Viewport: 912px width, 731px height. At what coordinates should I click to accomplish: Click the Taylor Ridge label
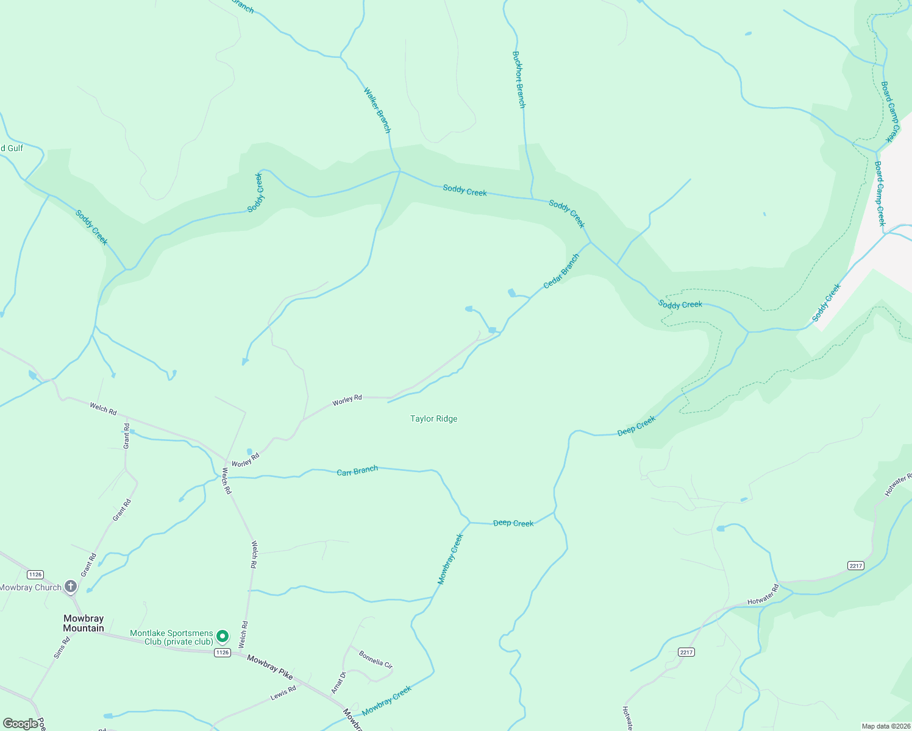pyautogui.click(x=433, y=418)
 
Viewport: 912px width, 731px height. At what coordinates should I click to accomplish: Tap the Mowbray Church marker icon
pyautogui.click(x=71, y=587)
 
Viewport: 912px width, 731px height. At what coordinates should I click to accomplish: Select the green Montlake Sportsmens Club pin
pyautogui.click(x=223, y=637)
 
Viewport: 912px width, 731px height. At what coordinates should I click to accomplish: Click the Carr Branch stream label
pyautogui.click(x=357, y=470)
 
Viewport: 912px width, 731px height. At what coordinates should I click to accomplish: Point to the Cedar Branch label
pyautogui.click(x=561, y=271)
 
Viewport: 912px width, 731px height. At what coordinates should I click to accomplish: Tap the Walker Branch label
pyautogui.click(x=377, y=110)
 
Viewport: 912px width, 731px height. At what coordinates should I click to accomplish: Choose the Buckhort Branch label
pyautogui.click(x=519, y=79)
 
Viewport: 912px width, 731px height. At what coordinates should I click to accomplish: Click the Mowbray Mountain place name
pyautogui.click(x=84, y=623)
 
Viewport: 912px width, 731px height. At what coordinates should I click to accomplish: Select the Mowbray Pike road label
pyautogui.click(x=269, y=667)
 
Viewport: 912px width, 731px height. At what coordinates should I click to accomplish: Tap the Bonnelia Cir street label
pyautogui.click(x=376, y=659)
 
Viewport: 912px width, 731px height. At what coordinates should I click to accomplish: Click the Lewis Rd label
pyautogui.click(x=283, y=693)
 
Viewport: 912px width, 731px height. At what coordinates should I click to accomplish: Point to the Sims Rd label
pyautogui.click(x=62, y=647)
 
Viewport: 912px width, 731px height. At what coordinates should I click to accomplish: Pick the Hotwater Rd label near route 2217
pyautogui.click(x=763, y=594)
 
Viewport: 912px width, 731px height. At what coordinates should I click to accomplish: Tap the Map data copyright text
pyautogui.click(x=886, y=726)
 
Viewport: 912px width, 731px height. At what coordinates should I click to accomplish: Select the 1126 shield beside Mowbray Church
pyautogui.click(x=35, y=574)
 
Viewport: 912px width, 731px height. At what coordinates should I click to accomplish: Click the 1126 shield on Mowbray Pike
pyautogui.click(x=223, y=652)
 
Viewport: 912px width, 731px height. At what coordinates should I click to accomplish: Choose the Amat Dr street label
pyautogui.click(x=338, y=682)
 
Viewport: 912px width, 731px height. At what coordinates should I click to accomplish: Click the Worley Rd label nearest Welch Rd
pyautogui.click(x=246, y=460)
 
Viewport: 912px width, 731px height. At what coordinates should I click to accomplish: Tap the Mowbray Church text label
pyautogui.click(x=30, y=588)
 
